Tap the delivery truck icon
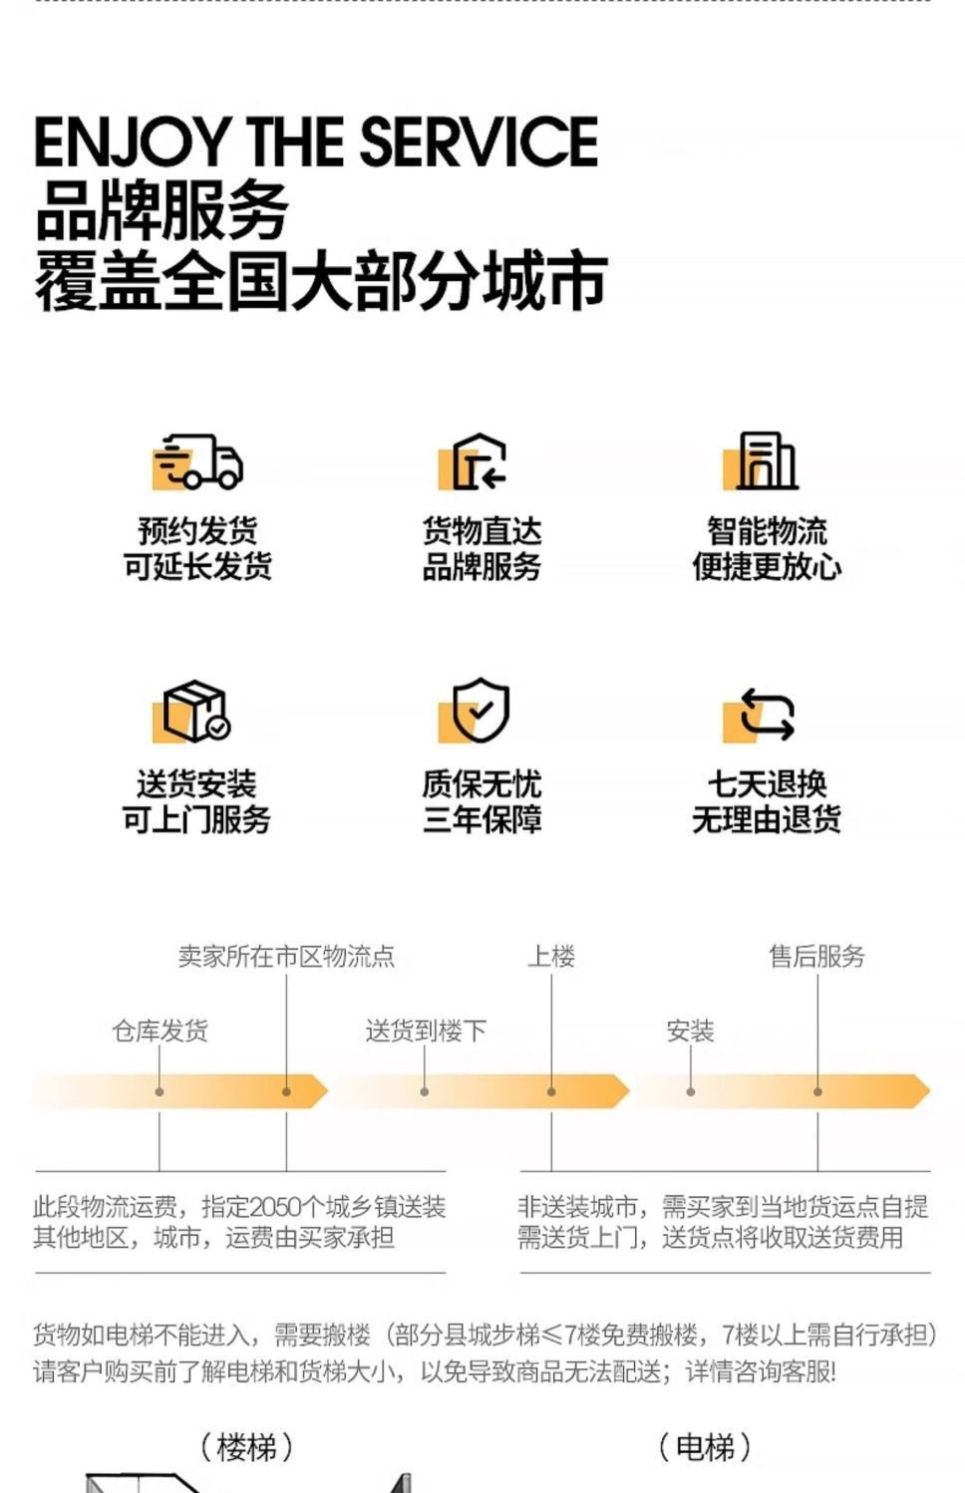tap(199, 461)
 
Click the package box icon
tap(195, 712)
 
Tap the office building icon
tap(765, 461)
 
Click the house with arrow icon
tap(478, 461)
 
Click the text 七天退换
tap(767, 783)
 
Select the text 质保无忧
tap(482, 783)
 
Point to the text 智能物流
tap(767, 530)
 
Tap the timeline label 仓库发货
tap(160, 1031)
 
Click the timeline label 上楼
tap(551, 957)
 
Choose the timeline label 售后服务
tap(816, 957)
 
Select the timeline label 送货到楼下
tap(426, 1031)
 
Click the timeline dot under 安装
tap(691, 1092)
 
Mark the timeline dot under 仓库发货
tap(160, 1092)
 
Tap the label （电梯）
tap(705, 1447)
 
